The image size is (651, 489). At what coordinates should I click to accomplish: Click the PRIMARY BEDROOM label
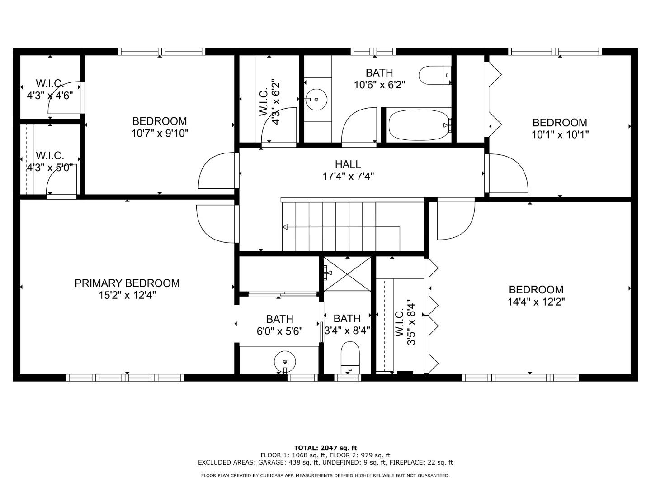[x=127, y=283]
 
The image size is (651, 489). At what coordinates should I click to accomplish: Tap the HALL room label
[x=348, y=164]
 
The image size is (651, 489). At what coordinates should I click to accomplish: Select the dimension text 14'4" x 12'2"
[x=536, y=302]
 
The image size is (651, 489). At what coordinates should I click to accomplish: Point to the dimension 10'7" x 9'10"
[x=160, y=133]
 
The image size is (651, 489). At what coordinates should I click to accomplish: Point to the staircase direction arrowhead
[x=285, y=227]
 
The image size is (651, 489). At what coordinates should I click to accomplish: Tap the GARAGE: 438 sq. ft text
[x=288, y=462]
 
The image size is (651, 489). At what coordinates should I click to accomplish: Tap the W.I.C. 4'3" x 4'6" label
[x=50, y=89]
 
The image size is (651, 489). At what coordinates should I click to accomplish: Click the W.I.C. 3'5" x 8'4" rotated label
[x=405, y=322]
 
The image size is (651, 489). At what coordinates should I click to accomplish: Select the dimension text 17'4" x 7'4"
[x=348, y=176]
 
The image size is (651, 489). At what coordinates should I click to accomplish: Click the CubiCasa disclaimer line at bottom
[x=325, y=475]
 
